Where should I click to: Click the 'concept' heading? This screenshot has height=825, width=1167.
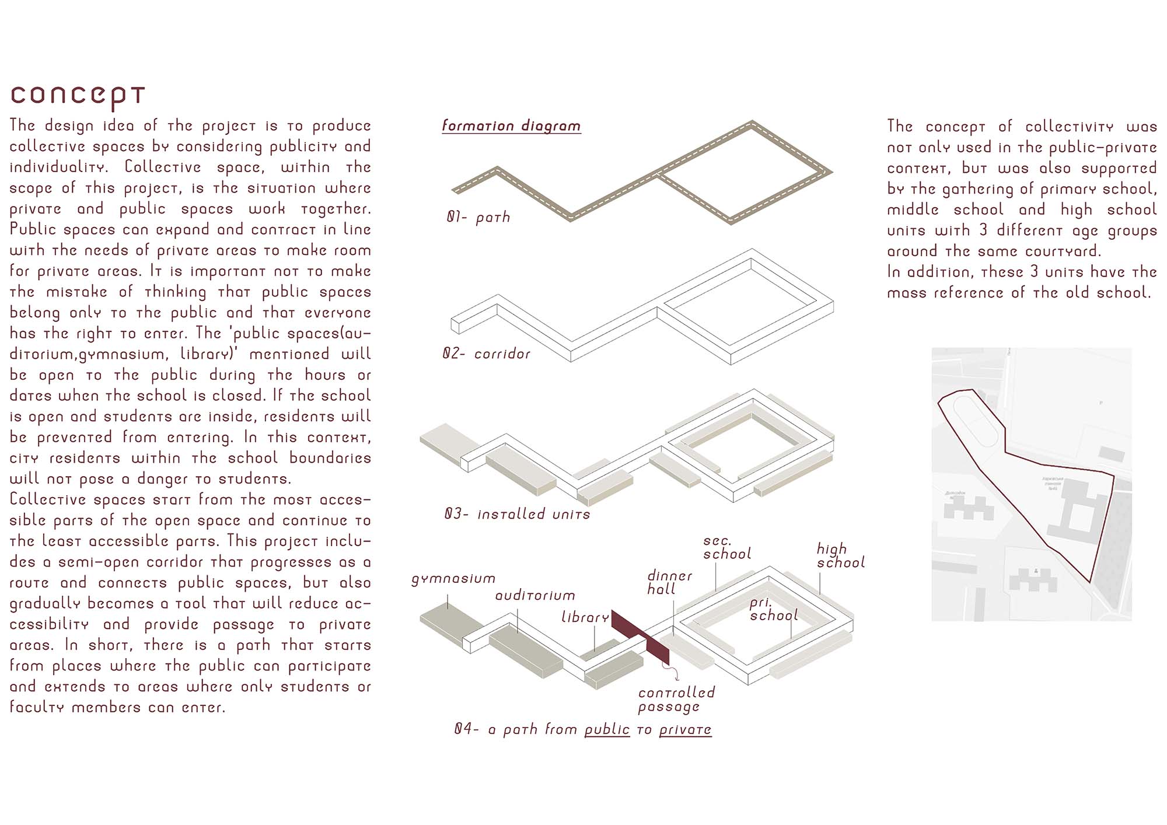[78, 96]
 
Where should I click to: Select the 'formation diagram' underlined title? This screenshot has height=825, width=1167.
[511, 126]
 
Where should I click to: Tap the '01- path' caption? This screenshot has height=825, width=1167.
[478, 218]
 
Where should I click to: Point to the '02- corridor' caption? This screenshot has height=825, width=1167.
[487, 354]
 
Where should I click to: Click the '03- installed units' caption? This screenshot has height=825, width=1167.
[517, 514]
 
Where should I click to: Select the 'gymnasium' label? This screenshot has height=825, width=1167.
[453, 579]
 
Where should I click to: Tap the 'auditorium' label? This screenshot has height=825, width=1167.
[535, 596]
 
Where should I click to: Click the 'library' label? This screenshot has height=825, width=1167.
[585, 617]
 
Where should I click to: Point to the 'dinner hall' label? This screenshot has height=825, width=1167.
[669, 583]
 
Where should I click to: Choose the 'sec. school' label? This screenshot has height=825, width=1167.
[727, 548]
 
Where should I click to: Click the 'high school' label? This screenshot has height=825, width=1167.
[840, 556]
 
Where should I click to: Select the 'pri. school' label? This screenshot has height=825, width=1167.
[773, 610]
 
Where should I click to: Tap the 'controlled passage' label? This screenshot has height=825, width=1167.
[676, 700]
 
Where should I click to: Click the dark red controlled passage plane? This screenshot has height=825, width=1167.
[640, 636]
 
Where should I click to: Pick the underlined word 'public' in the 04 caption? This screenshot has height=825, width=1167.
[607, 729]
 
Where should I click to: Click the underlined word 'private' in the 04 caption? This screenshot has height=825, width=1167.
[685, 729]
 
